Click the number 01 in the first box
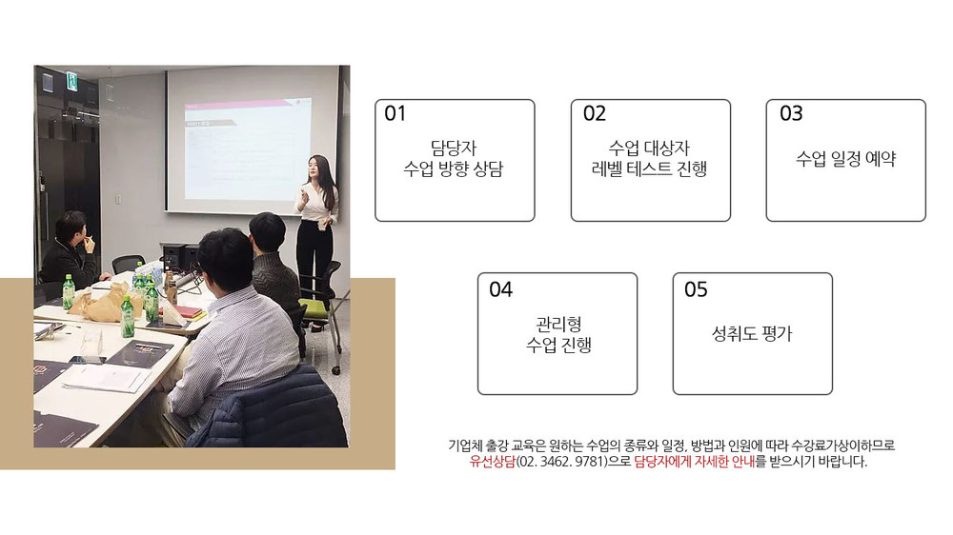(395, 113)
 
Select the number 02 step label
(595, 113)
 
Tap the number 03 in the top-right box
(791, 113)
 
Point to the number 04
(501, 289)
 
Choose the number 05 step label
(696, 289)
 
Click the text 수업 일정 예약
(846, 159)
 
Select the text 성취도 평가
(753, 333)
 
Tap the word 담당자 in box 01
(454, 148)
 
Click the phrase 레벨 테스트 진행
(650, 168)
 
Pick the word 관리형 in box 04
(558, 324)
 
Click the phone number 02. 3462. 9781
(562, 462)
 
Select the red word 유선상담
(493, 462)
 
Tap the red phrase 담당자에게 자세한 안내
(694, 462)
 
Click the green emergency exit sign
(72, 81)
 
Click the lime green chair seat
(314, 307)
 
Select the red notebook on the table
(192, 313)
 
